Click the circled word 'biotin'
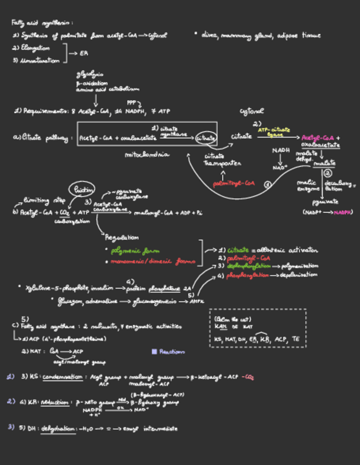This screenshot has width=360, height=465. pyautogui.click(x=83, y=190)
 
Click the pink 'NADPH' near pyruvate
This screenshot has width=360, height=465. pyautogui.click(x=342, y=212)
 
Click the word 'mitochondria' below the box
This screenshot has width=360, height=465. pyautogui.click(x=147, y=155)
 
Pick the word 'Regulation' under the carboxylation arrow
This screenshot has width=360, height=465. pyautogui.click(x=122, y=237)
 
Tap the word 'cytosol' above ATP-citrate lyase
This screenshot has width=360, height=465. pyautogui.click(x=252, y=111)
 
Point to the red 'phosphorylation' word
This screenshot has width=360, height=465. pyautogui.click(x=247, y=275)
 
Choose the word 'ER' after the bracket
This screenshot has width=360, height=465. pyautogui.click(x=84, y=54)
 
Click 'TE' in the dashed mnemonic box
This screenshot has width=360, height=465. pyautogui.click(x=296, y=339)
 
